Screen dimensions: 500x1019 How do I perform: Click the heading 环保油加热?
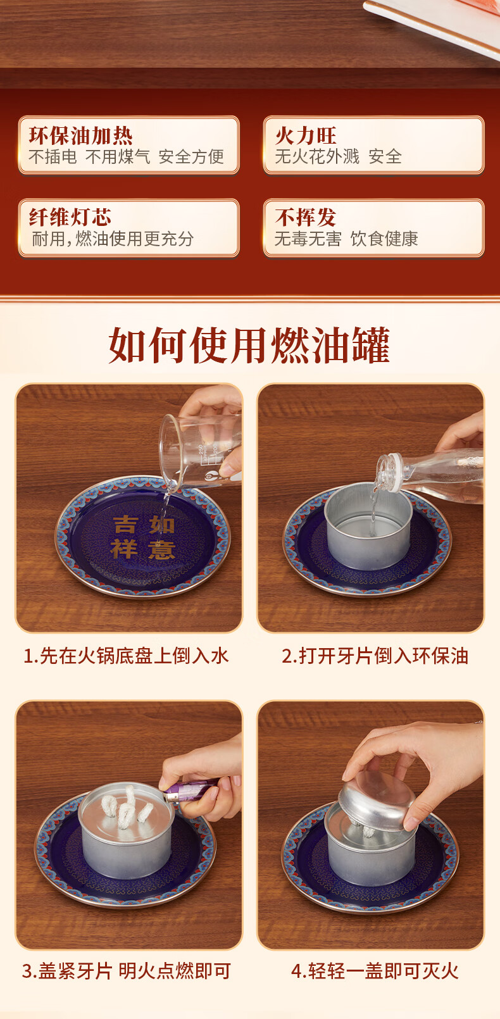[x=80, y=135]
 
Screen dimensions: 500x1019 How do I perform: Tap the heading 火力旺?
[x=305, y=135]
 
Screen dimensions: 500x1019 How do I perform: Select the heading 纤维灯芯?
[x=70, y=217]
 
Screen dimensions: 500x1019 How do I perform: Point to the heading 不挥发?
[x=305, y=217]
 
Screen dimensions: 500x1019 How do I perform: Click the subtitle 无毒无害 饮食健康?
[x=346, y=239]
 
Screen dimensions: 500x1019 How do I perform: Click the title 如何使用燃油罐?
[x=249, y=346]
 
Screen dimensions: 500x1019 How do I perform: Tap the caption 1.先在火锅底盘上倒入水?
[x=126, y=656]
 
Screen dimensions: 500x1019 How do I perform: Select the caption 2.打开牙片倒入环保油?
[x=375, y=656]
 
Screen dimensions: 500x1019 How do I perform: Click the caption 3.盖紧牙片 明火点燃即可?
[x=127, y=971]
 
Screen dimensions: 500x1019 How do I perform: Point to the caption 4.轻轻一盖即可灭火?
[x=375, y=971]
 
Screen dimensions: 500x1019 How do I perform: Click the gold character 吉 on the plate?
[x=125, y=524]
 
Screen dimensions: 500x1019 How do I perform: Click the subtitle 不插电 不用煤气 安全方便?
[x=126, y=156]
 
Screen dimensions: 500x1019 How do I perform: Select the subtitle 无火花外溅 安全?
[x=339, y=156]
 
